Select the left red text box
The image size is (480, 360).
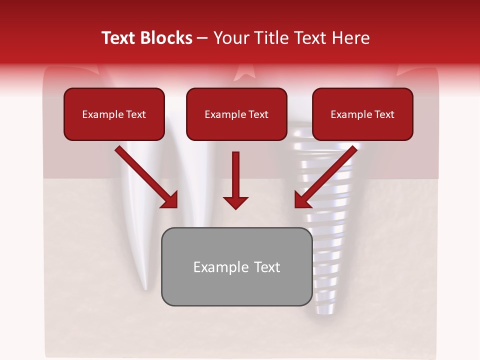114,114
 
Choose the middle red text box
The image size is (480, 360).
236,114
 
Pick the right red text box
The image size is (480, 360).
362,114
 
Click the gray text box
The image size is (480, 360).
236,266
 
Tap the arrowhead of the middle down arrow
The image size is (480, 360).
235,203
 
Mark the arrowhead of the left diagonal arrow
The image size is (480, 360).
170,200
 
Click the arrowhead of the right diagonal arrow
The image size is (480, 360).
302,200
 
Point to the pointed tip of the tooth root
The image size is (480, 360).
145,287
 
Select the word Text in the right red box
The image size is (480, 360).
384,114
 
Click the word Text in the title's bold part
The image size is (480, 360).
120,38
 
